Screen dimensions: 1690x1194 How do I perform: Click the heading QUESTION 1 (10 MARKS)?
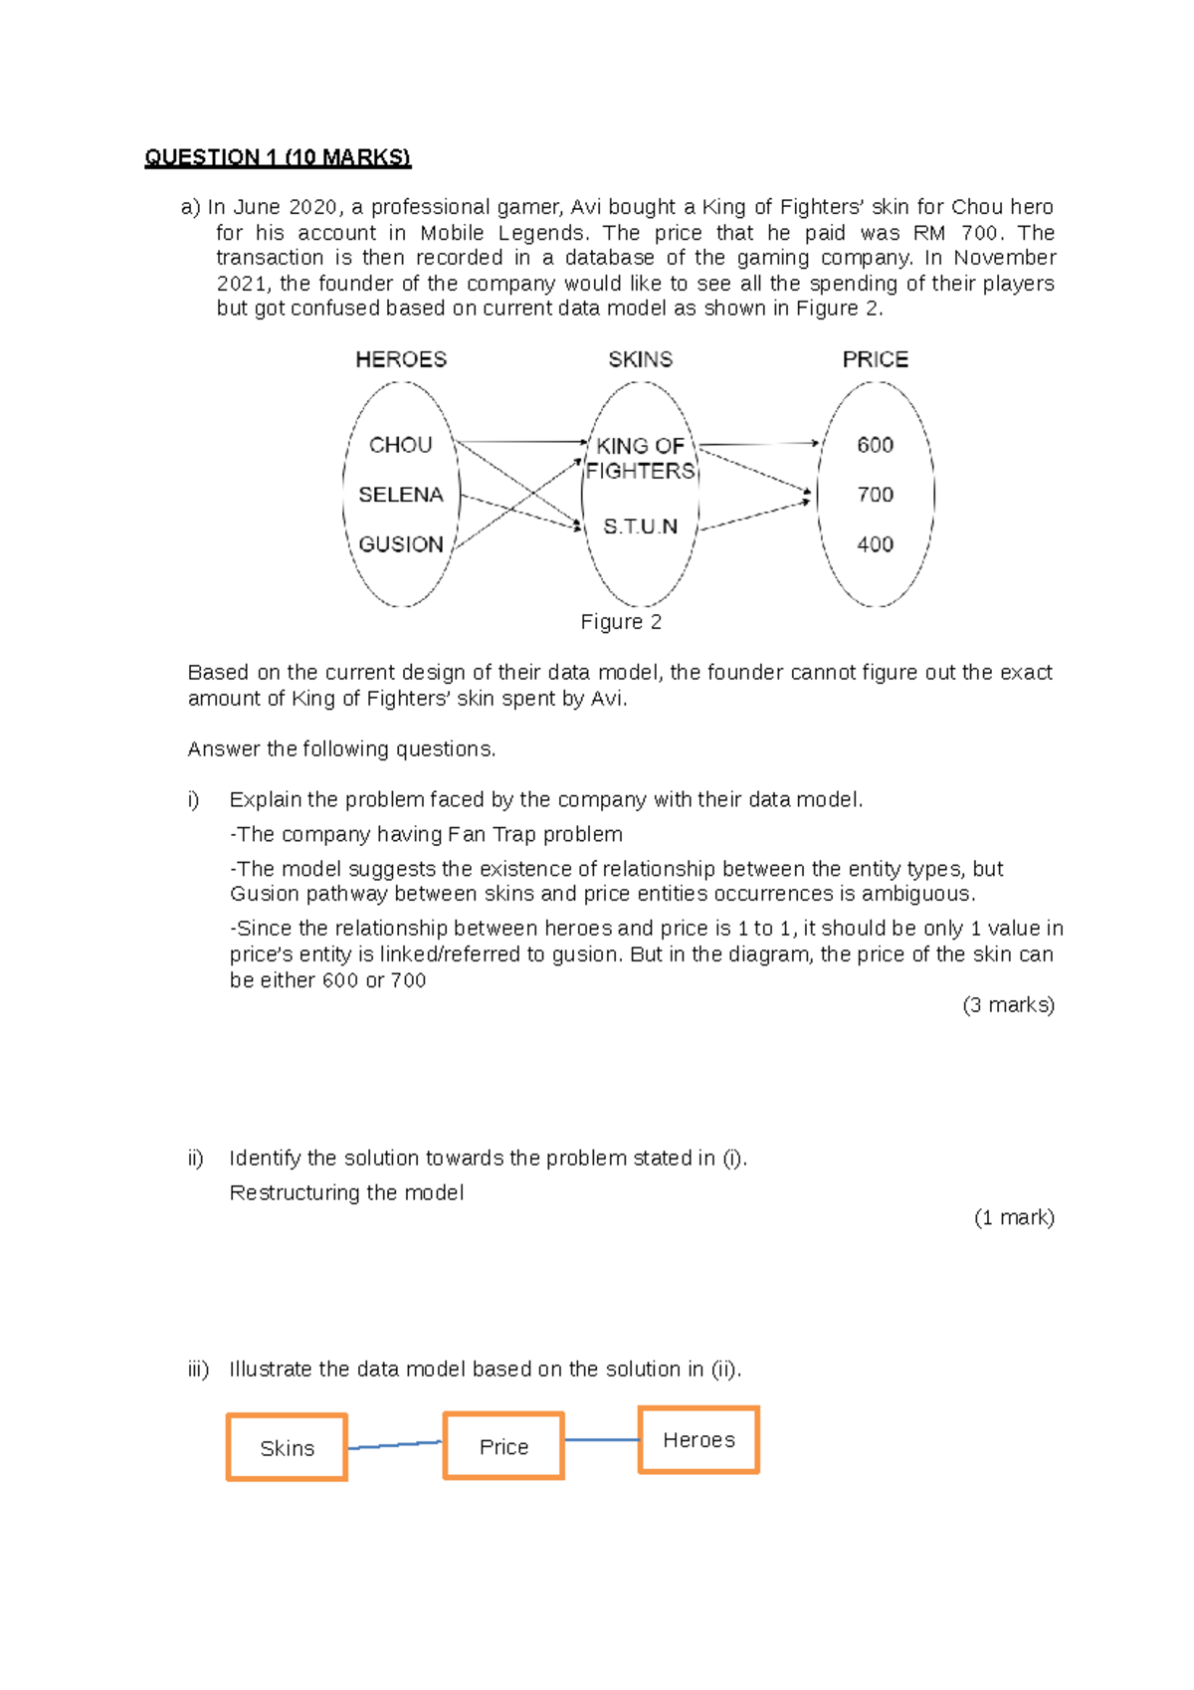click(277, 157)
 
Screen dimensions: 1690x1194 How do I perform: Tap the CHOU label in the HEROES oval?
click(400, 445)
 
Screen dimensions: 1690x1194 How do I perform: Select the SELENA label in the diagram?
click(400, 495)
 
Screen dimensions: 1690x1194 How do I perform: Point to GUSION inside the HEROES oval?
click(400, 544)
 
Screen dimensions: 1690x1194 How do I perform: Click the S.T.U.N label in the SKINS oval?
click(640, 527)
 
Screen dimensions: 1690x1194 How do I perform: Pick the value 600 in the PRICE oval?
click(875, 445)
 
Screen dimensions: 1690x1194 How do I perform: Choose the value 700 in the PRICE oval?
click(875, 495)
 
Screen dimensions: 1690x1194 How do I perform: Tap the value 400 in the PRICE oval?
click(875, 544)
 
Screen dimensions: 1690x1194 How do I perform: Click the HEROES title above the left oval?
click(400, 359)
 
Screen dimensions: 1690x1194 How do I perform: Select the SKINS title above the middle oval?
click(640, 359)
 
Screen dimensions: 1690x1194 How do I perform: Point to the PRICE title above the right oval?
click(875, 359)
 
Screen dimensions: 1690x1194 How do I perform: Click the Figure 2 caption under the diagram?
click(621, 622)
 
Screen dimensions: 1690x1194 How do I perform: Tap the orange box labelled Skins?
click(287, 1448)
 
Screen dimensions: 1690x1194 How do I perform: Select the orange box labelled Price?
click(503, 1446)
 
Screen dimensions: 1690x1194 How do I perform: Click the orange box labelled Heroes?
click(698, 1440)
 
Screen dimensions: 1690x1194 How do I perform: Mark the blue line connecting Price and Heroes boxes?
click(601, 1440)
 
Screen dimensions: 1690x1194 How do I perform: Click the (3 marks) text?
click(1008, 1005)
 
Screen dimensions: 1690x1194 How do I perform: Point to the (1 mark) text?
click(1014, 1217)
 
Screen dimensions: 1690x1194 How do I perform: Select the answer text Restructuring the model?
click(346, 1192)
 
